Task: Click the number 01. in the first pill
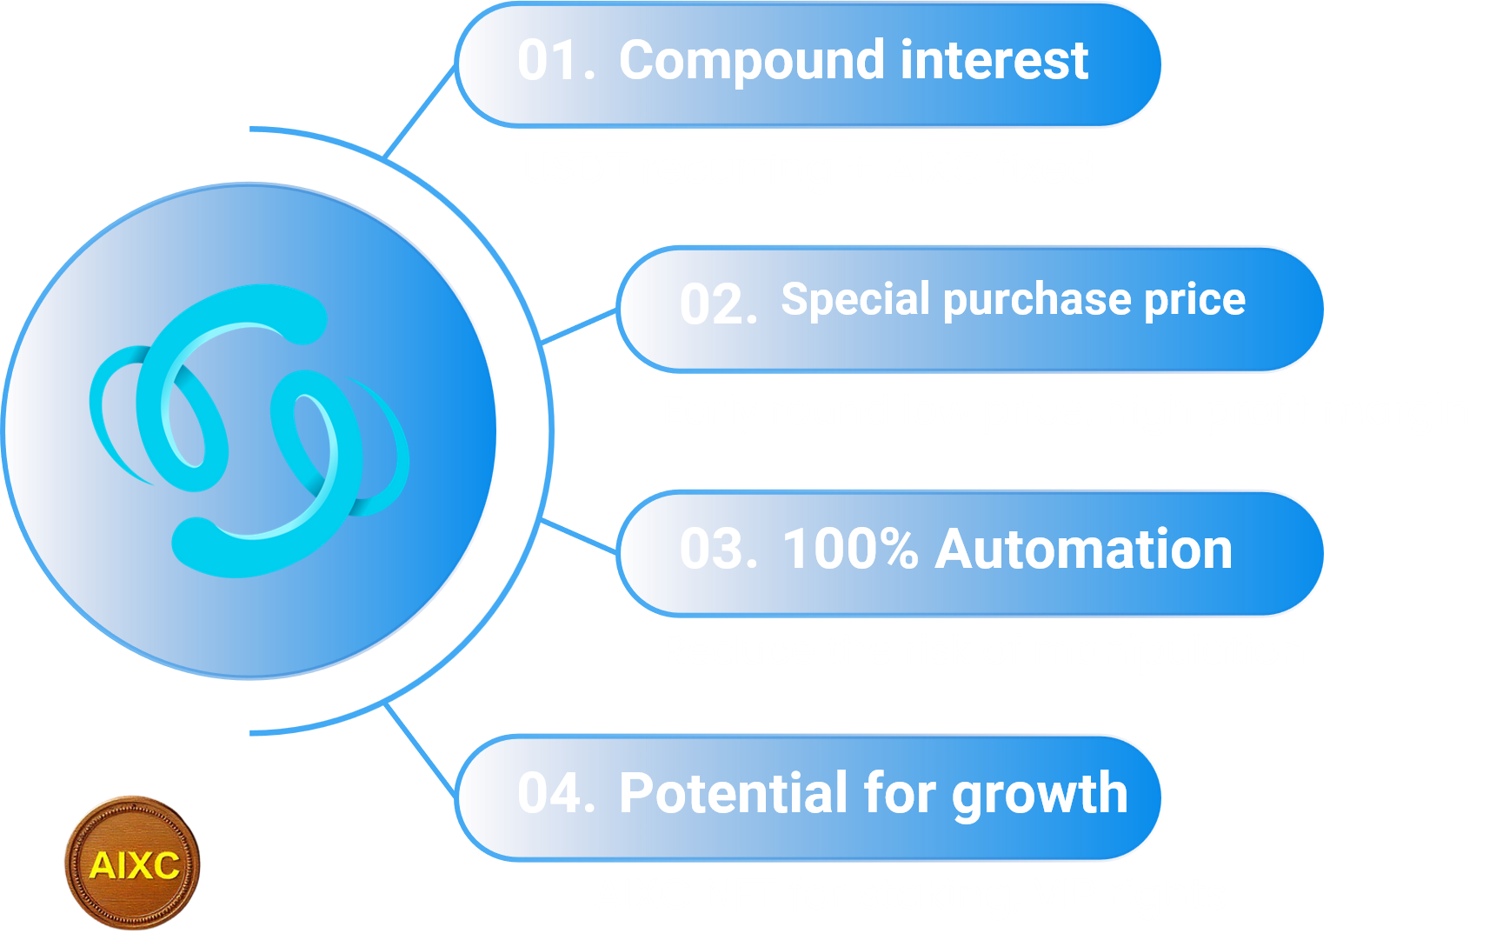(x=556, y=61)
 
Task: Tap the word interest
(x=994, y=61)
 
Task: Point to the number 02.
(x=718, y=305)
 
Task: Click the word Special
(x=856, y=301)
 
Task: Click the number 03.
(x=719, y=550)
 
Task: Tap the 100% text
(x=850, y=550)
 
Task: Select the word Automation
(x=1084, y=550)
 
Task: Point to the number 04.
(x=556, y=794)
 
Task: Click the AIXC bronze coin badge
(x=133, y=864)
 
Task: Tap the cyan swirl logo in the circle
(x=249, y=431)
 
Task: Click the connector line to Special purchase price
(x=579, y=326)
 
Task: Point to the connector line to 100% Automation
(x=579, y=536)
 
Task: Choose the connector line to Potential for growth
(x=420, y=750)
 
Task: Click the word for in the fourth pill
(x=901, y=793)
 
